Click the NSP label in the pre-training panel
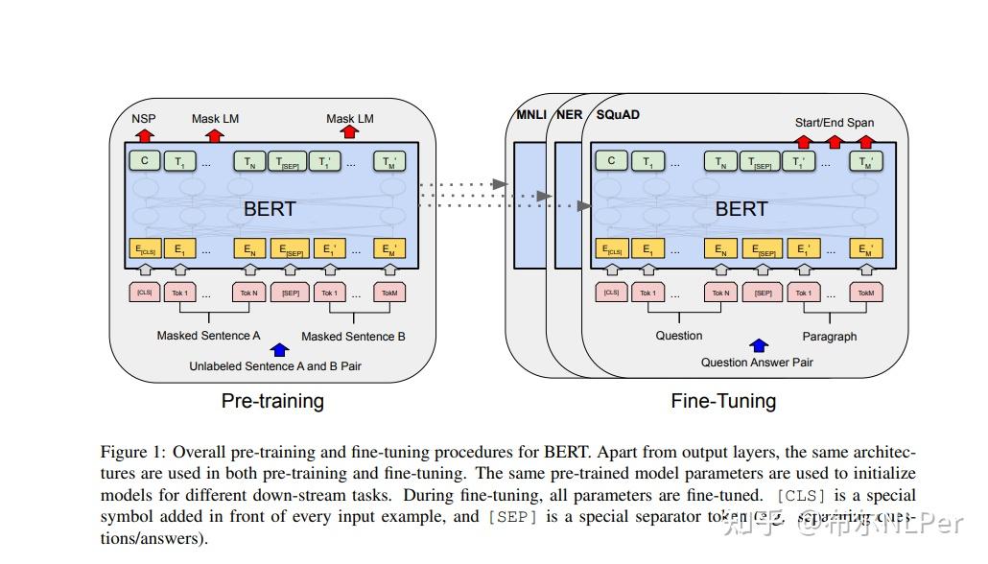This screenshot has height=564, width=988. [144, 119]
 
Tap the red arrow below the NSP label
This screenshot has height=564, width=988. [144, 136]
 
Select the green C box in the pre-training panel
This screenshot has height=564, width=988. [145, 161]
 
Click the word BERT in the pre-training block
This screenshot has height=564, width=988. [270, 208]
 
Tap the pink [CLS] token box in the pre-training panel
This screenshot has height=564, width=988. [145, 291]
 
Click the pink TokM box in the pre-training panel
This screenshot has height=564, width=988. [389, 292]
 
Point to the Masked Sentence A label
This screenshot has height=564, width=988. [208, 336]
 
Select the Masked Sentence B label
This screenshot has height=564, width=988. [353, 337]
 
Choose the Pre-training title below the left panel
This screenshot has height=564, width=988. [272, 401]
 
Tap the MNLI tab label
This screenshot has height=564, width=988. [530, 115]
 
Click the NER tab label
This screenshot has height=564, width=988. [569, 115]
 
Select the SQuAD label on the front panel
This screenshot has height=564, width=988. [618, 115]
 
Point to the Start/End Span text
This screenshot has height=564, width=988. [835, 123]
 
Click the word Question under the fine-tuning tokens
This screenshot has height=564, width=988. [678, 336]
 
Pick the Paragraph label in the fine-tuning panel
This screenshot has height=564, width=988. [830, 337]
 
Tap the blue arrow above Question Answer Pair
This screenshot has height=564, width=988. [759, 345]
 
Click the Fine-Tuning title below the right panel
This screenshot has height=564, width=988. [723, 401]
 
